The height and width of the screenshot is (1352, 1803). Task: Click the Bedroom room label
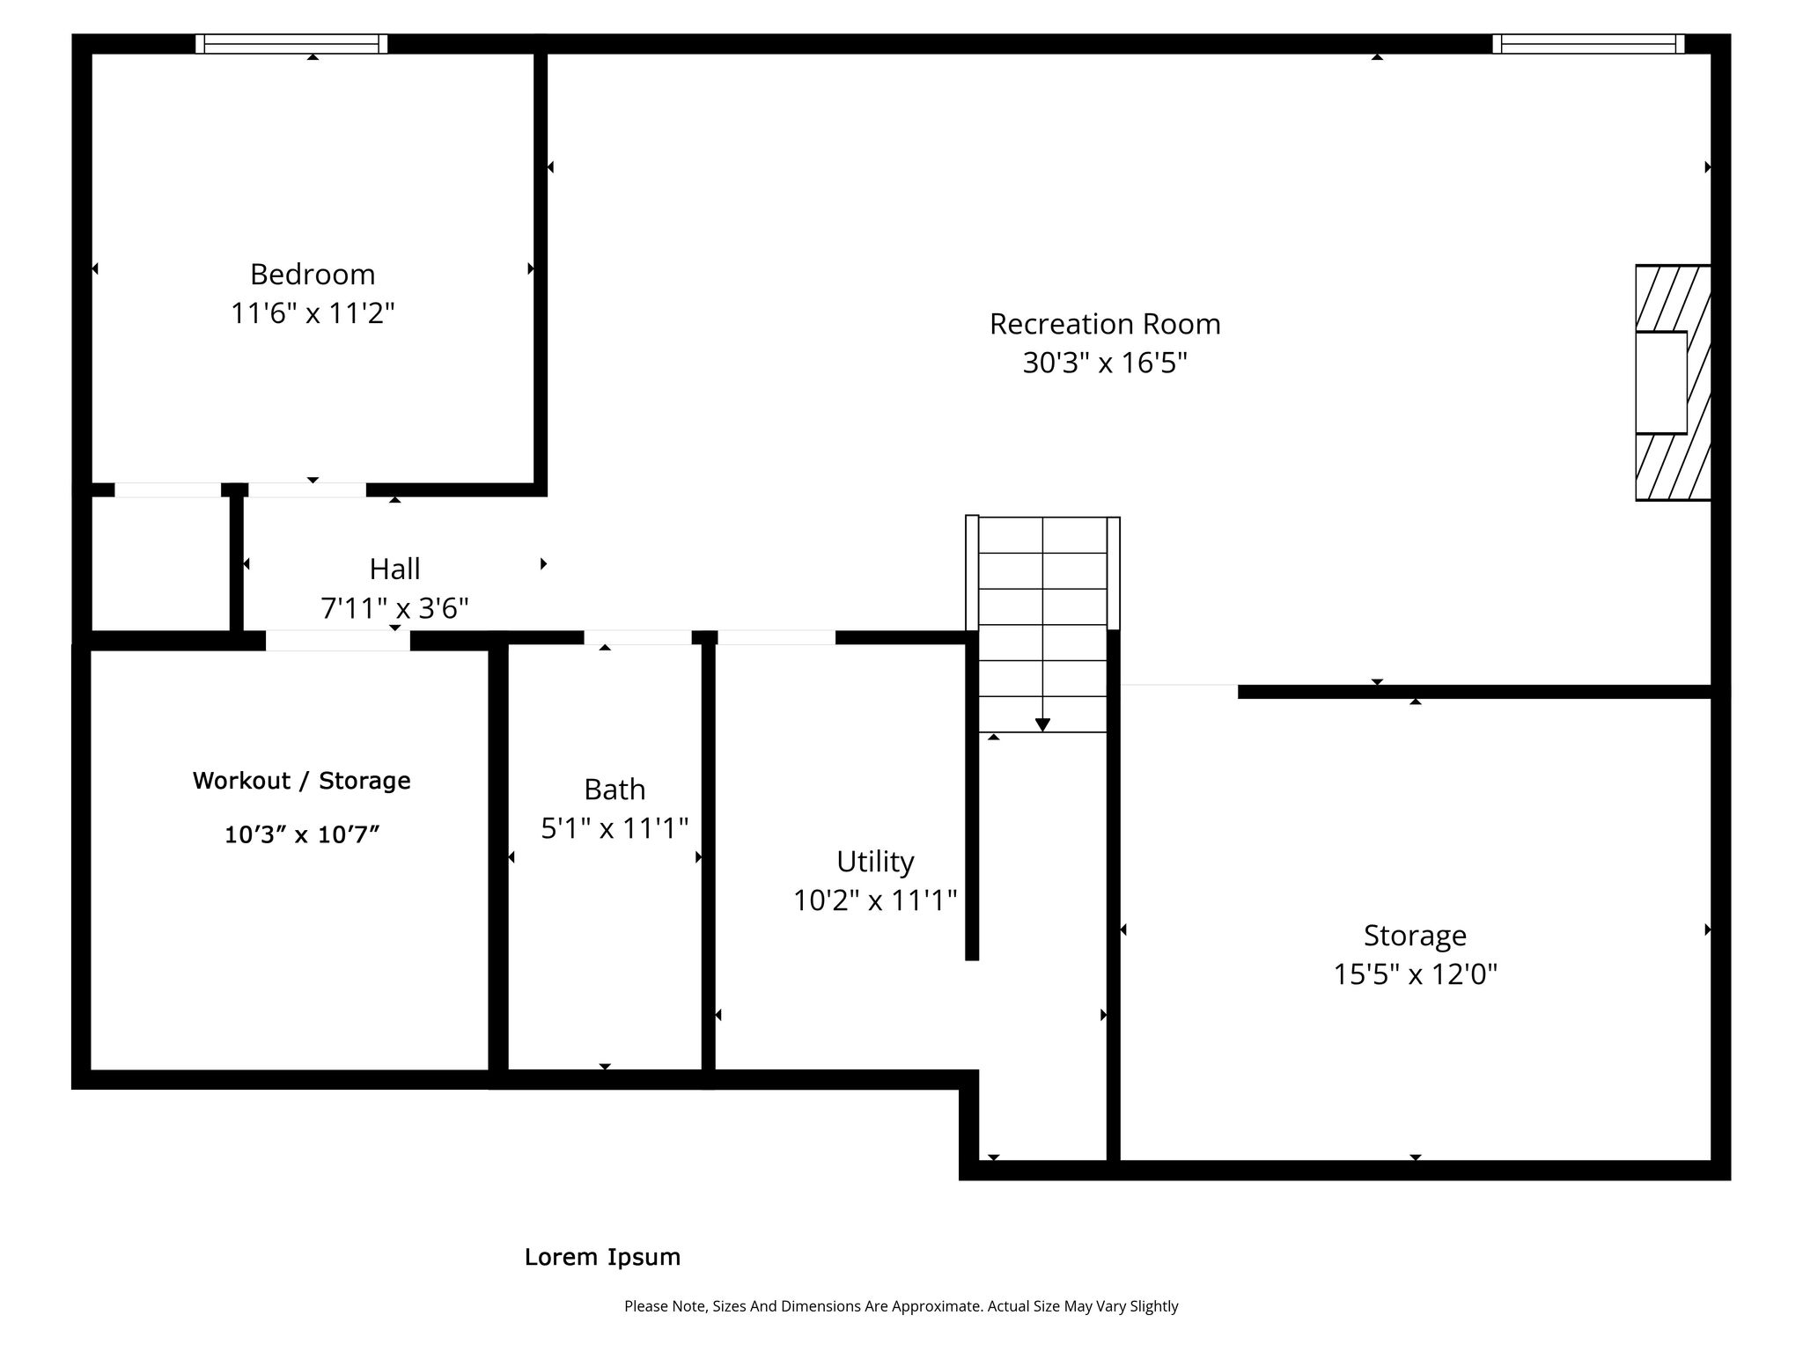click(313, 275)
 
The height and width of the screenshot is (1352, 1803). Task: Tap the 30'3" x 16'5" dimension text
click(1105, 363)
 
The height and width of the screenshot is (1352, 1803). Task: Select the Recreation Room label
click(1105, 324)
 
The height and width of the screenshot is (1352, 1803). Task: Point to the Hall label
click(394, 569)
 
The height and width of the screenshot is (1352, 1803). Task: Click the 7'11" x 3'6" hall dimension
click(394, 608)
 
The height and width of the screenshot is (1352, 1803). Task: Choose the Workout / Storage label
click(302, 781)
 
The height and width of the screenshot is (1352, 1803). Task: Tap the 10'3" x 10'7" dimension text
click(302, 834)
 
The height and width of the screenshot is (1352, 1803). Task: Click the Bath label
click(614, 790)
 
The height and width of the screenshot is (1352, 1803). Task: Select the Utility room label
click(875, 861)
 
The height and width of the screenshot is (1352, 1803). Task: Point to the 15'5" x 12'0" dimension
click(1415, 974)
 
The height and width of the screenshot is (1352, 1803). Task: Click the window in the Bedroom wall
click(291, 44)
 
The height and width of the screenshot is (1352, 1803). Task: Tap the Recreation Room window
click(1588, 44)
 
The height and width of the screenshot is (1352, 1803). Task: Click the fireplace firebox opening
click(1661, 383)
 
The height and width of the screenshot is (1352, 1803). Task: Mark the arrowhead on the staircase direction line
click(1042, 725)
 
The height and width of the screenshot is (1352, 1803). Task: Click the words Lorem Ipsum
click(603, 1257)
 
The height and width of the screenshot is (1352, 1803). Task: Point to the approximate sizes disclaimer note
click(901, 1306)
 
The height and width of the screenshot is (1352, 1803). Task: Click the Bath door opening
click(637, 637)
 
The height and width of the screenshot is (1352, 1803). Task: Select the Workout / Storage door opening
click(338, 641)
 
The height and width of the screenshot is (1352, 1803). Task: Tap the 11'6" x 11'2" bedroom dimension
click(313, 313)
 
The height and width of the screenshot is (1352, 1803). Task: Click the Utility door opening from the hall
click(776, 637)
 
